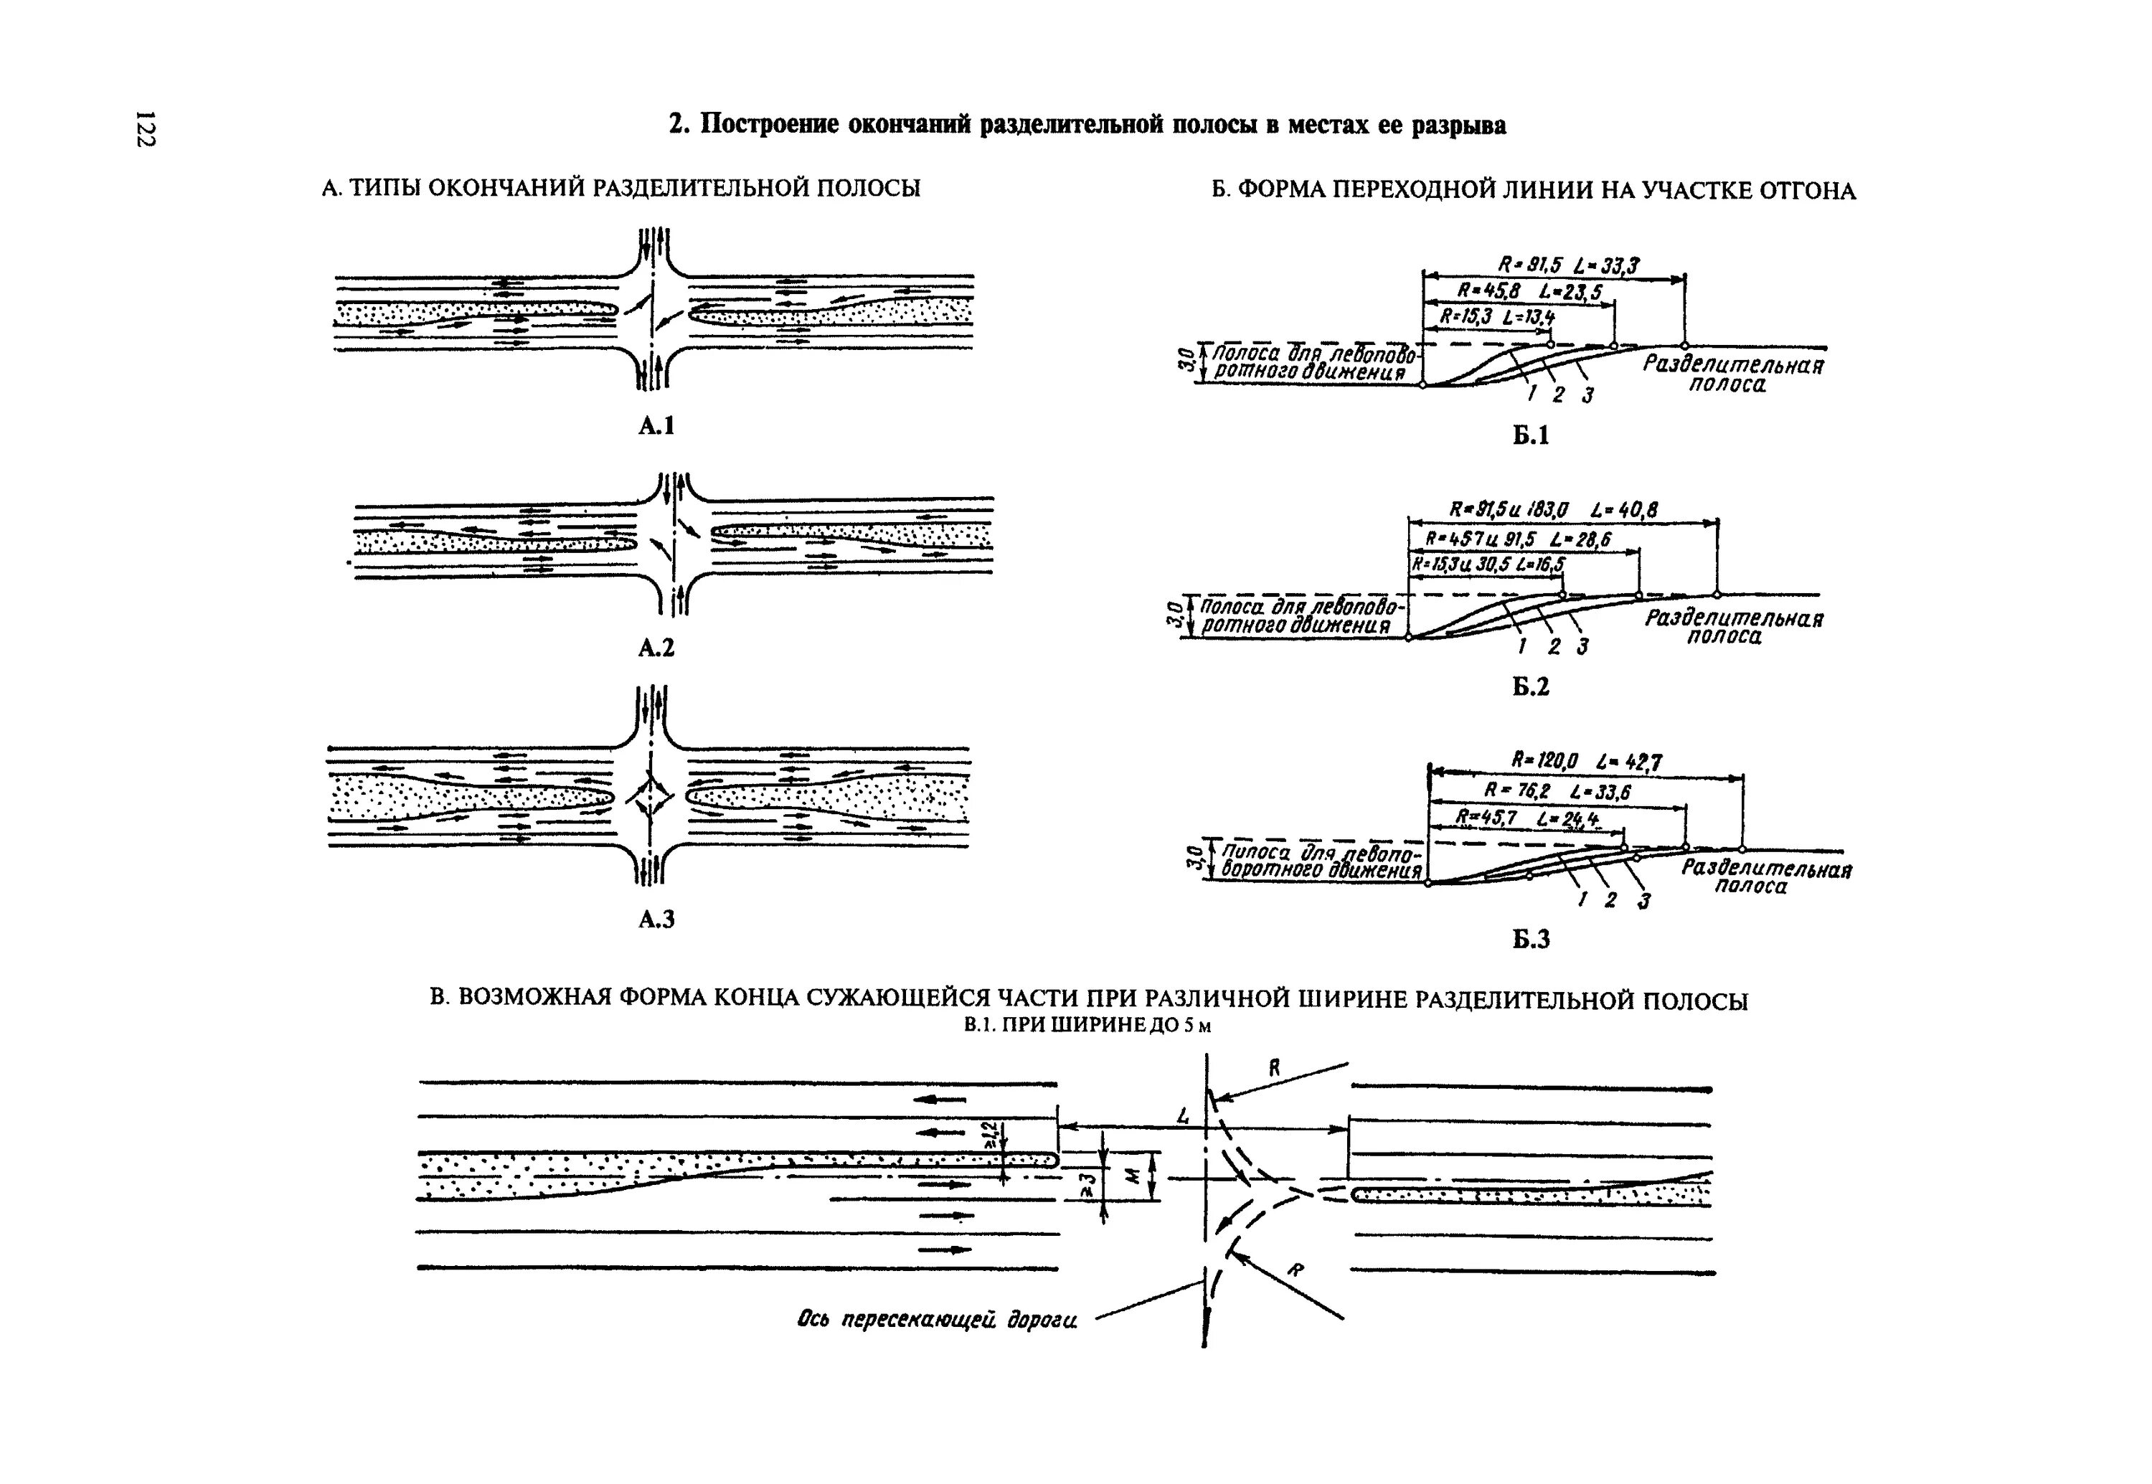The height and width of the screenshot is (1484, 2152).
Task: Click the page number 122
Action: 145,128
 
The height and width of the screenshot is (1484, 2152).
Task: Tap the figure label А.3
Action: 656,920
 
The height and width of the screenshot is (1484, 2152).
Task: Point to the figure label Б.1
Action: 1530,436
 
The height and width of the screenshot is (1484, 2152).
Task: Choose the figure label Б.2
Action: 1530,687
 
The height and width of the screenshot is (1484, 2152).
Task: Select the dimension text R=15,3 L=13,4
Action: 1496,317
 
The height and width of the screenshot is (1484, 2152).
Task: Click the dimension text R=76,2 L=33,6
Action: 1558,790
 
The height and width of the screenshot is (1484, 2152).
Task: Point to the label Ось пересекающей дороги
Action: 938,1320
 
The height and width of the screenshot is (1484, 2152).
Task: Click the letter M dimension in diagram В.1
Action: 1132,1176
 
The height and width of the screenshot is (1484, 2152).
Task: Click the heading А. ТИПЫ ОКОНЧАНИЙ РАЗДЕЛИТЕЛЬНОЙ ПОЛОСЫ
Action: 620,189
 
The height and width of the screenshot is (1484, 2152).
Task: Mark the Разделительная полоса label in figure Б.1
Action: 1732,374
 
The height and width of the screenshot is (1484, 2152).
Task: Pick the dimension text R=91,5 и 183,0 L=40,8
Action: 1553,509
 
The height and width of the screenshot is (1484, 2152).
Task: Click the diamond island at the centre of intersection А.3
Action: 649,797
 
